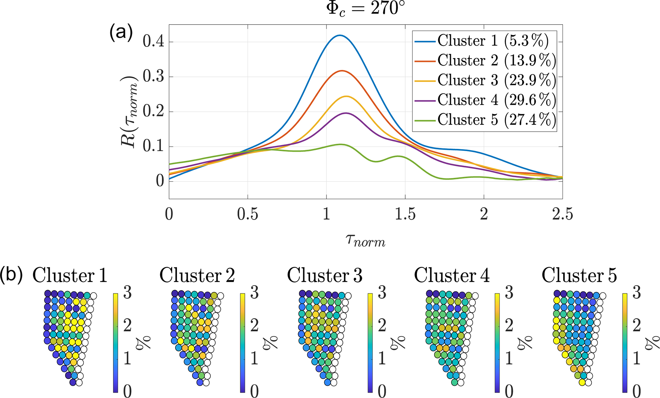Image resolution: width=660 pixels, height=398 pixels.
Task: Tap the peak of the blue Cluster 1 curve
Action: pyautogui.click(x=340, y=35)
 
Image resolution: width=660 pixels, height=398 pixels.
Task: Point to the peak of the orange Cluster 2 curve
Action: pyautogui.click(x=342, y=71)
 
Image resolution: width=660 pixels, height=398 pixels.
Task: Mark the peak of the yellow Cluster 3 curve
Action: pyautogui.click(x=346, y=96)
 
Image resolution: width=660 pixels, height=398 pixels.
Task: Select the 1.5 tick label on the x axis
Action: pyautogui.click(x=405, y=214)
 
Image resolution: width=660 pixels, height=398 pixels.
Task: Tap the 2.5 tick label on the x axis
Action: pyautogui.click(x=563, y=214)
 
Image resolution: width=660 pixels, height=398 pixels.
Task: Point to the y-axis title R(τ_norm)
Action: pyautogui.click(x=130, y=112)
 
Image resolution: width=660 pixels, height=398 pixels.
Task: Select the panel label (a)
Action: pyautogui.click(x=121, y=33)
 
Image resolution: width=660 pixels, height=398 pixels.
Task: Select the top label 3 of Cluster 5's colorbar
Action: pyautogui.click(x=636, y=293)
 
